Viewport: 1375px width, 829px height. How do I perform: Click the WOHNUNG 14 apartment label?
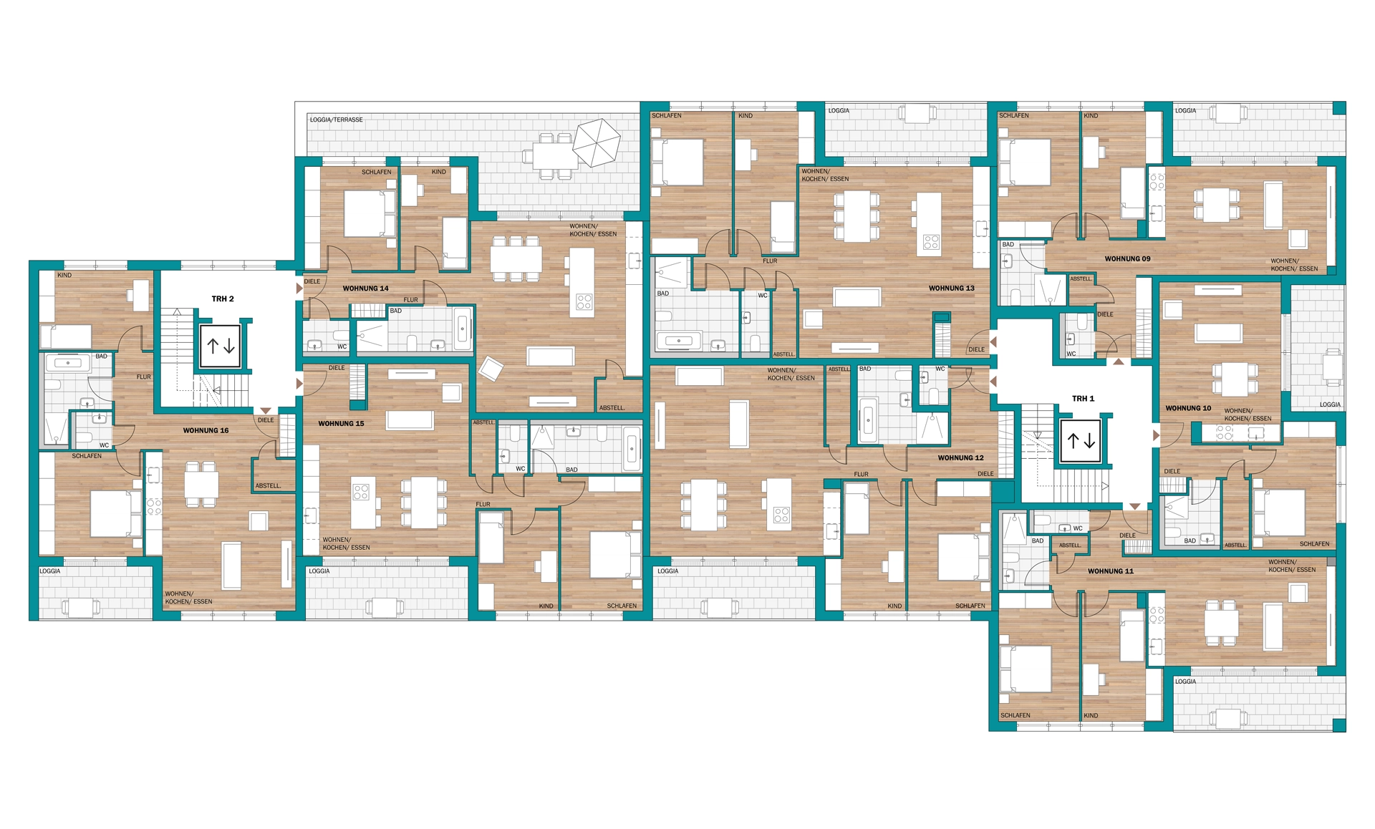coord(365,289)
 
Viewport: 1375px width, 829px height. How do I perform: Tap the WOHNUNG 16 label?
coord(206,430)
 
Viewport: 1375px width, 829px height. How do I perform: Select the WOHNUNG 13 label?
coord(951,289)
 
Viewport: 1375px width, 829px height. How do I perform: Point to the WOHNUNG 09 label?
coord(1127,258)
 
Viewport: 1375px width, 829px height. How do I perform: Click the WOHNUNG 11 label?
coord(1110,571)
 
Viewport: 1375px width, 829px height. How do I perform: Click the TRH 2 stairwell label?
coord(223,299)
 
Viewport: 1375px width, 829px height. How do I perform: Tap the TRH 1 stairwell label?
coord(1083,398)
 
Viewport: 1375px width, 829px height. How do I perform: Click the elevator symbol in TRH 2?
coord(221,346)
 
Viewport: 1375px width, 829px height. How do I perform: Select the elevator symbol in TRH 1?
coord(1081,441)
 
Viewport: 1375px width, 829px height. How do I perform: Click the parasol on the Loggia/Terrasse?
coord(597,142)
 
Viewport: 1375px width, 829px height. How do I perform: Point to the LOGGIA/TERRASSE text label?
coord(336,120)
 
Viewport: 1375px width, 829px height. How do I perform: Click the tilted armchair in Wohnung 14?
coord(491,369)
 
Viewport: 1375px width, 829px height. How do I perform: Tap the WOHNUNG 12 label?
coord(960,457)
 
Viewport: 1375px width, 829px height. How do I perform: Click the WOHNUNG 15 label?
coord(341,423)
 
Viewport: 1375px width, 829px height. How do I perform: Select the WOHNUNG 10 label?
coord(1188,408)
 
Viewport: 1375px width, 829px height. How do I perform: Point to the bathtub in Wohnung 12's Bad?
coord(868,420)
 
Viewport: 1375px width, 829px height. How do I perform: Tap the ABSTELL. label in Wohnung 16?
coord(268,485)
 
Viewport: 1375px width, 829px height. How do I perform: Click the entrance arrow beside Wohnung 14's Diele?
coord(299,289)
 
